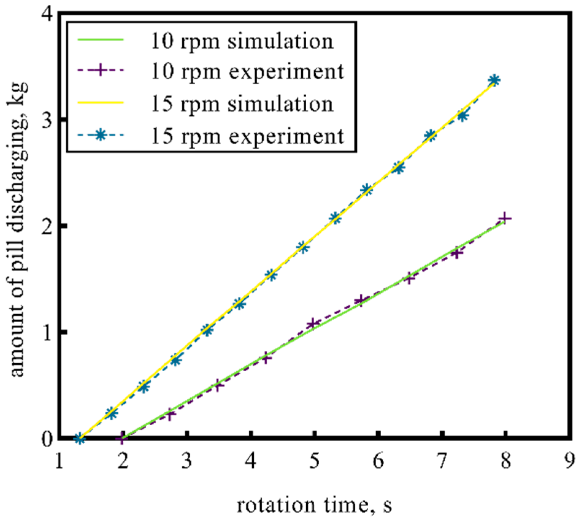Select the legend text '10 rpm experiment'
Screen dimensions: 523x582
pos(247,72)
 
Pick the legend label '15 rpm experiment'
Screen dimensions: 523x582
pos(247,136)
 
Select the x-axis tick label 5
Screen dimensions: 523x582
pos(315,462)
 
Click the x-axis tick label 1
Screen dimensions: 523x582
pos(60,462)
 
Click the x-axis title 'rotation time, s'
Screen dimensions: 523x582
pos(314,505)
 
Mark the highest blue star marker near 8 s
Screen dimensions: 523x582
pos(494,80)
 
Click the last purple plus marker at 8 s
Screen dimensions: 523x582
pos(505,218)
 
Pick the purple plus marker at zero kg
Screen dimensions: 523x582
pos(122,438)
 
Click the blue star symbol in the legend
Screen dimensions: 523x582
pos(101,135)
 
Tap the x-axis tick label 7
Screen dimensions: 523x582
pos(442,462)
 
